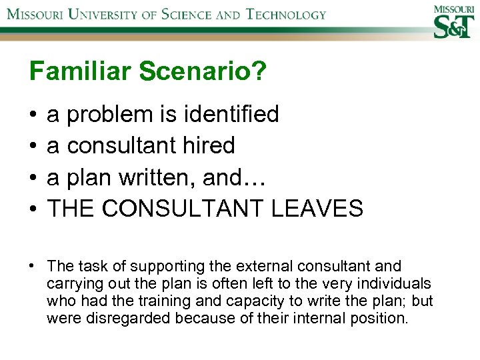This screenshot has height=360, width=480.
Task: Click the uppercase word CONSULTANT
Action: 185,209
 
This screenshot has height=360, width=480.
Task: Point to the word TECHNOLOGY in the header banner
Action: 276,14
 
